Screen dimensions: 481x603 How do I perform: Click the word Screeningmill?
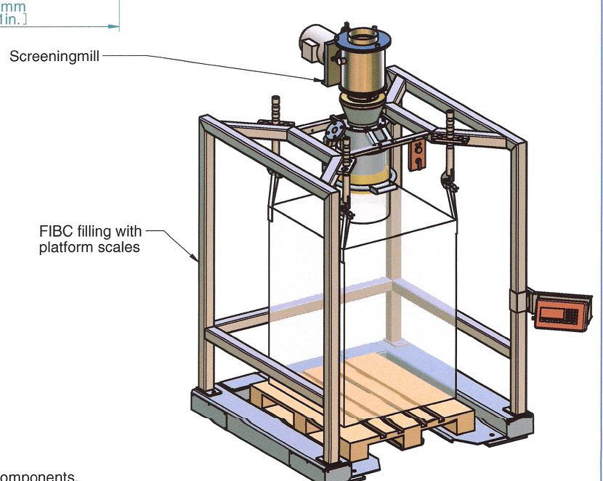click(54, 56)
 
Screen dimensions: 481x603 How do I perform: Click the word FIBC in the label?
click(55, 232)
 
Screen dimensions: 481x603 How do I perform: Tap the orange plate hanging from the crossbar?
click(416, 155)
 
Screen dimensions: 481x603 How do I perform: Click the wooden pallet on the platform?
click(363, 407)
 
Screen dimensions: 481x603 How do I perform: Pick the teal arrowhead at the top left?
click(113, 26)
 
